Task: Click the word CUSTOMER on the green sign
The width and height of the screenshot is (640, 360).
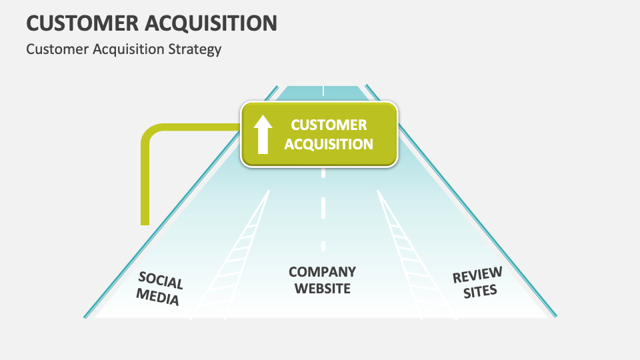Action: (x=329, y=125)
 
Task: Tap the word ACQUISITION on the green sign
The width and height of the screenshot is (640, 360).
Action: (x=329, y=143)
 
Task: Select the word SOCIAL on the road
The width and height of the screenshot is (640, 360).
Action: (x=161, y=281)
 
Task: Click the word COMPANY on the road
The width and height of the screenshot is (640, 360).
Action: (x=322, y=272)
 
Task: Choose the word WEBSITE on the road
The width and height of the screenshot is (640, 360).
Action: (x=323, y=289)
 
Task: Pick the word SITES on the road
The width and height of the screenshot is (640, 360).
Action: (x=481, y=291)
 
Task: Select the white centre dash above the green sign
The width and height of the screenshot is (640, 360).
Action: (x=323, y=90)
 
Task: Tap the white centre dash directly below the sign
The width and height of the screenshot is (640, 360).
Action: (x=323, y=173)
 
